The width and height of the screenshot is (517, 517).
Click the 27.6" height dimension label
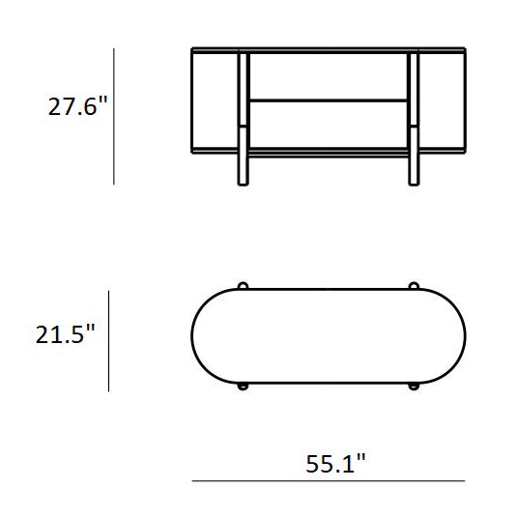[78, 106]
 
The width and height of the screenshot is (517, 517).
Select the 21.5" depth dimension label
[65, 334]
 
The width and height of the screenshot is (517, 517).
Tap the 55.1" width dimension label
[335, 463]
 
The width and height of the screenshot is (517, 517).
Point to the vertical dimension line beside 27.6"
[114, 116]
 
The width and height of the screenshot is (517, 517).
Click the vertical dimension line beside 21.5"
[109, 341]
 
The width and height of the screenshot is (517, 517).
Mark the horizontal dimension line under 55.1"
[329, 481]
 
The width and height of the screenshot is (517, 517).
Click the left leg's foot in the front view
[243, 170]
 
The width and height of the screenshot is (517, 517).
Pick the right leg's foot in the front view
[414, 170]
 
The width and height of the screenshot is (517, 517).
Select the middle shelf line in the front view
[329, 101]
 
